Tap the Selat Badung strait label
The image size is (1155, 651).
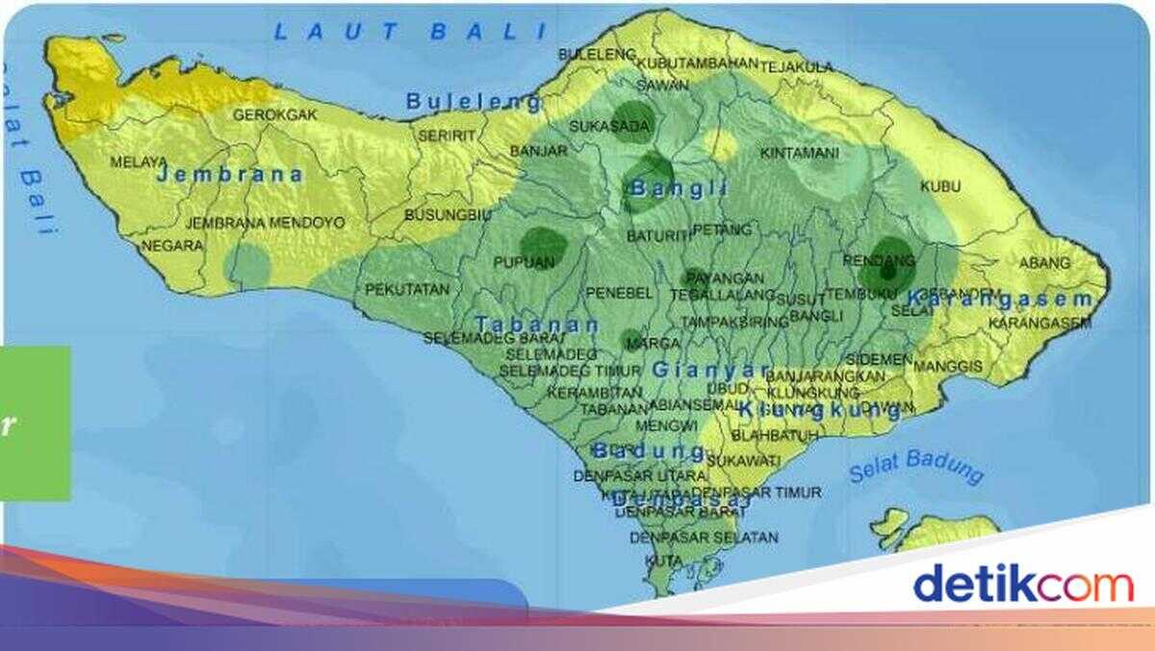coord(916,468)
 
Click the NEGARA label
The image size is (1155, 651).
coord(172,246)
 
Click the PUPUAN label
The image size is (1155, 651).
coord(524,262)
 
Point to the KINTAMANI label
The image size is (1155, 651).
coord(799,153)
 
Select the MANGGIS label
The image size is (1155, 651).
coord(948,366)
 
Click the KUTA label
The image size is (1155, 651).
coord(664,560)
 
